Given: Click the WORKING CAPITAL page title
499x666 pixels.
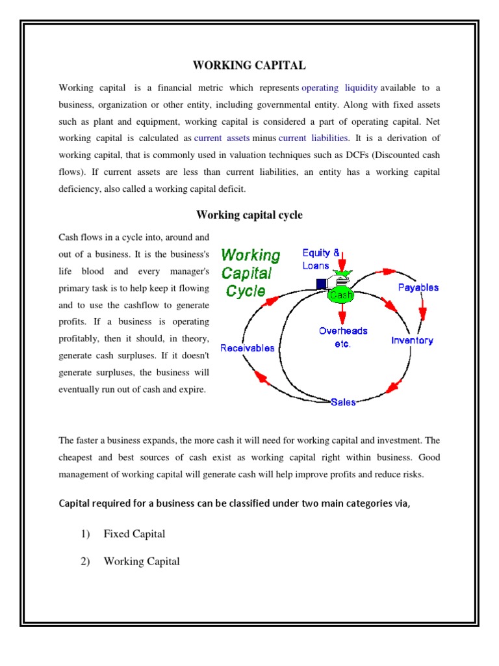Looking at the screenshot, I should click(249, 65).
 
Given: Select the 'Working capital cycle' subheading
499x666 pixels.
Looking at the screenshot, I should click(249, 215).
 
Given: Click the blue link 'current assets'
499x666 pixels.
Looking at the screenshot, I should click(222, 139).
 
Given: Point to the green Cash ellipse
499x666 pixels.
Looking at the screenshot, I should click(341, 295).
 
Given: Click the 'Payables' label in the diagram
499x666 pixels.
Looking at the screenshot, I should click(418, 287).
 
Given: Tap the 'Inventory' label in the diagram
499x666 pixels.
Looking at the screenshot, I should click(412, 340).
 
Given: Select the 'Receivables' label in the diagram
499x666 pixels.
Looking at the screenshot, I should click(247, 348).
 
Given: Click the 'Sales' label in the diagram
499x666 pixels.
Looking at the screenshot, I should click(343, 403).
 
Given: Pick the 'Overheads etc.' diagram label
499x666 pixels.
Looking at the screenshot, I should click(342, 337).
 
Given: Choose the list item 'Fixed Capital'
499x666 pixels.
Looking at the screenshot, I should click(134, 534).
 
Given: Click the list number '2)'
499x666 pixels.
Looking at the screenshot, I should click(86, 561).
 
